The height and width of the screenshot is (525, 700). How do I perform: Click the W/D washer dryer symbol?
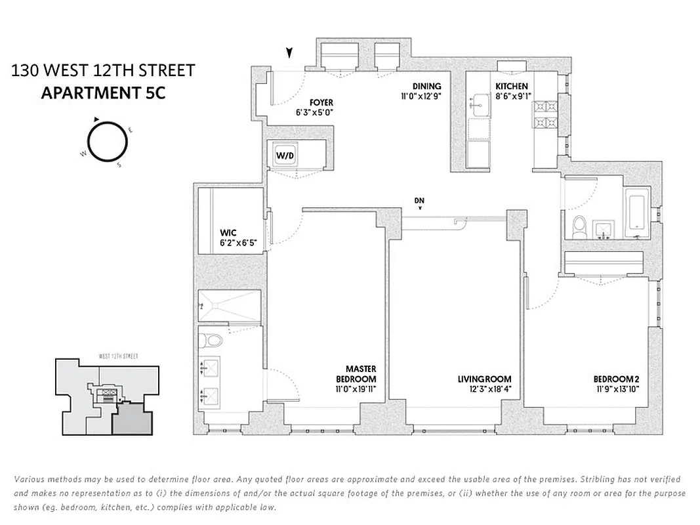tap(285, 156)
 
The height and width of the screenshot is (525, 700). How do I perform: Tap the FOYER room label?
tap(321, 102)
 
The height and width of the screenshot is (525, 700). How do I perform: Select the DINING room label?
tap(426, 86)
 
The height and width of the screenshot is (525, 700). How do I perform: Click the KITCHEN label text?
tap(511, 86)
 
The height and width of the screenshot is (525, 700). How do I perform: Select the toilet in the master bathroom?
tap(211, 343)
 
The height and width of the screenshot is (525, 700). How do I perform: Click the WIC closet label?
tap(228, 233)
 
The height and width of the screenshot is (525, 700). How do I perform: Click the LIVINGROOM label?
tap(484, 379)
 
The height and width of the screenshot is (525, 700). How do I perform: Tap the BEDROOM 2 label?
tap(616, 379)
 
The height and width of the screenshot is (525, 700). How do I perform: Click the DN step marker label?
tap(420, 199)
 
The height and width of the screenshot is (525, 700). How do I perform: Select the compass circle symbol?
tap(108, 141)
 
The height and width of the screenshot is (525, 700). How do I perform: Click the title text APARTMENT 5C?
tap(103, 93)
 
